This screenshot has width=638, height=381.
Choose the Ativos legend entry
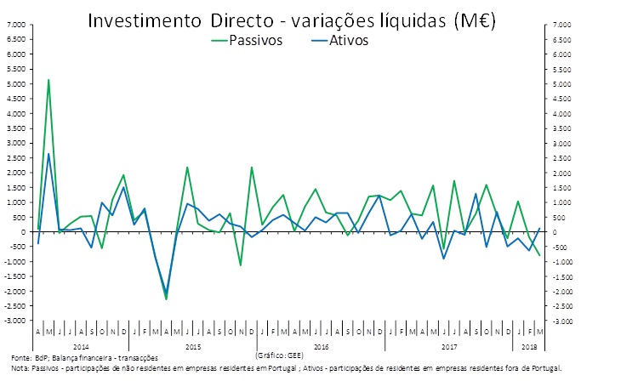pos(345,42)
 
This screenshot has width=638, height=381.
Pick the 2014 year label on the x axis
pos(81,347)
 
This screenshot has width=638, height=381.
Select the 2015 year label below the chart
pos(193,347)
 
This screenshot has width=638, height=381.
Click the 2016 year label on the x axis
pos(321,347)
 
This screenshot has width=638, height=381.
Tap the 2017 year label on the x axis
pos(448,347)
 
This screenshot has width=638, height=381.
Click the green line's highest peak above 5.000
pos(48,80)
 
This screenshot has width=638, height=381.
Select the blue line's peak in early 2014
pos(48,154)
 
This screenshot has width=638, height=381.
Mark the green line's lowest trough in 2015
pos(166,299)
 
